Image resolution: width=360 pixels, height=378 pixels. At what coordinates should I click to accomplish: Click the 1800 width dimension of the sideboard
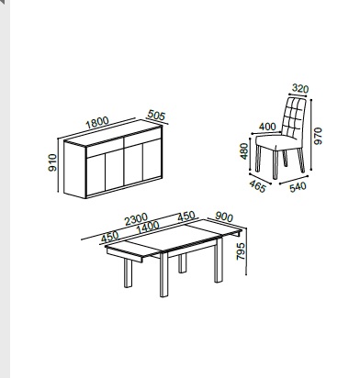97,122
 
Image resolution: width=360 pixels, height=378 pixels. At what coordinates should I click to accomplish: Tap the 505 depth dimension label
156,116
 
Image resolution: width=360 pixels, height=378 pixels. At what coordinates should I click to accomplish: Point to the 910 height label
52,162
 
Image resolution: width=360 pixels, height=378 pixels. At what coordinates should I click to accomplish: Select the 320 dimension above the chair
300,88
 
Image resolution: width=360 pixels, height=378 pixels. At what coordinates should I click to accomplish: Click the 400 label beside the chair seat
267,127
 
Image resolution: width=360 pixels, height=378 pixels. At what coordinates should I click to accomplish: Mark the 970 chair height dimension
318,136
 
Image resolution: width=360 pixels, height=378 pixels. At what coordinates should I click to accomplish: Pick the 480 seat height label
244,151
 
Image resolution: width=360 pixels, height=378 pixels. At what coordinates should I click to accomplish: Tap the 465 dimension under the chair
257,186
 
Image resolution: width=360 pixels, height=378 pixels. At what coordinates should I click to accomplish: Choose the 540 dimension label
298,187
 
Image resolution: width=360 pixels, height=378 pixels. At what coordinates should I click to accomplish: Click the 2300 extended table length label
136,219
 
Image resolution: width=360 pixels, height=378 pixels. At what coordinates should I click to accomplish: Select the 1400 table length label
148,228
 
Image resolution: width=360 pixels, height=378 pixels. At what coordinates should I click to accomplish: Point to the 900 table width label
224,217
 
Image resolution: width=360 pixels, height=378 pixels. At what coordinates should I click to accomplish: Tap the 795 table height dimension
241,251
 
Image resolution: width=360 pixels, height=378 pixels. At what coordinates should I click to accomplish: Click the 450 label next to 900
186,217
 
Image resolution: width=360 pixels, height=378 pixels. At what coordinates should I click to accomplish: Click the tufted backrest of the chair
294,118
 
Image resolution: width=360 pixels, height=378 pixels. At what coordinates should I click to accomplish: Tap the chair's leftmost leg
258,159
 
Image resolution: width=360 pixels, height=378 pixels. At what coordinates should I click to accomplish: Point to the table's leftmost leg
128,273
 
